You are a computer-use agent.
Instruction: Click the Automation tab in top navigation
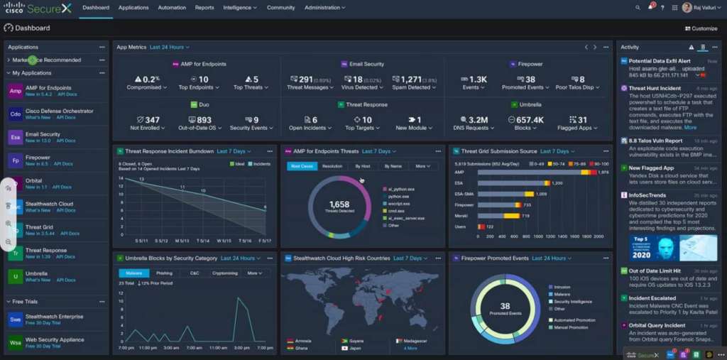point(172,7)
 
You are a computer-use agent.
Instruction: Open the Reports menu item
point(204,7)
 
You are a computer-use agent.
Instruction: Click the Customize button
point(701,28)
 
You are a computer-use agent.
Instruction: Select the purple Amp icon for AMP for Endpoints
point(16,91)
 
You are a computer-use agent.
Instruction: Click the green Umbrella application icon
point(16,276)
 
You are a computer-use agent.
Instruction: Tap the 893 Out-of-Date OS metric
point(204,120)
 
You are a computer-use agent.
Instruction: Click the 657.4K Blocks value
point(529,120)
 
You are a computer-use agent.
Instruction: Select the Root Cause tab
point(302,166)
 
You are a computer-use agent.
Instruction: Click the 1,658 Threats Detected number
point(339,204)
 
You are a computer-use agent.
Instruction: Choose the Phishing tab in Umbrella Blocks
point(164,273)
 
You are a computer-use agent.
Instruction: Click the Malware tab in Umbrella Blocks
point(133,273)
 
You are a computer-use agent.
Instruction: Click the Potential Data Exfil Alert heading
point(659,61)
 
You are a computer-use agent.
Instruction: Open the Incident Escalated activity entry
point(652,298)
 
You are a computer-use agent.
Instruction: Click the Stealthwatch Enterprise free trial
point(54,317)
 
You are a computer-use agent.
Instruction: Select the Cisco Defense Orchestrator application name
point(59,111)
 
